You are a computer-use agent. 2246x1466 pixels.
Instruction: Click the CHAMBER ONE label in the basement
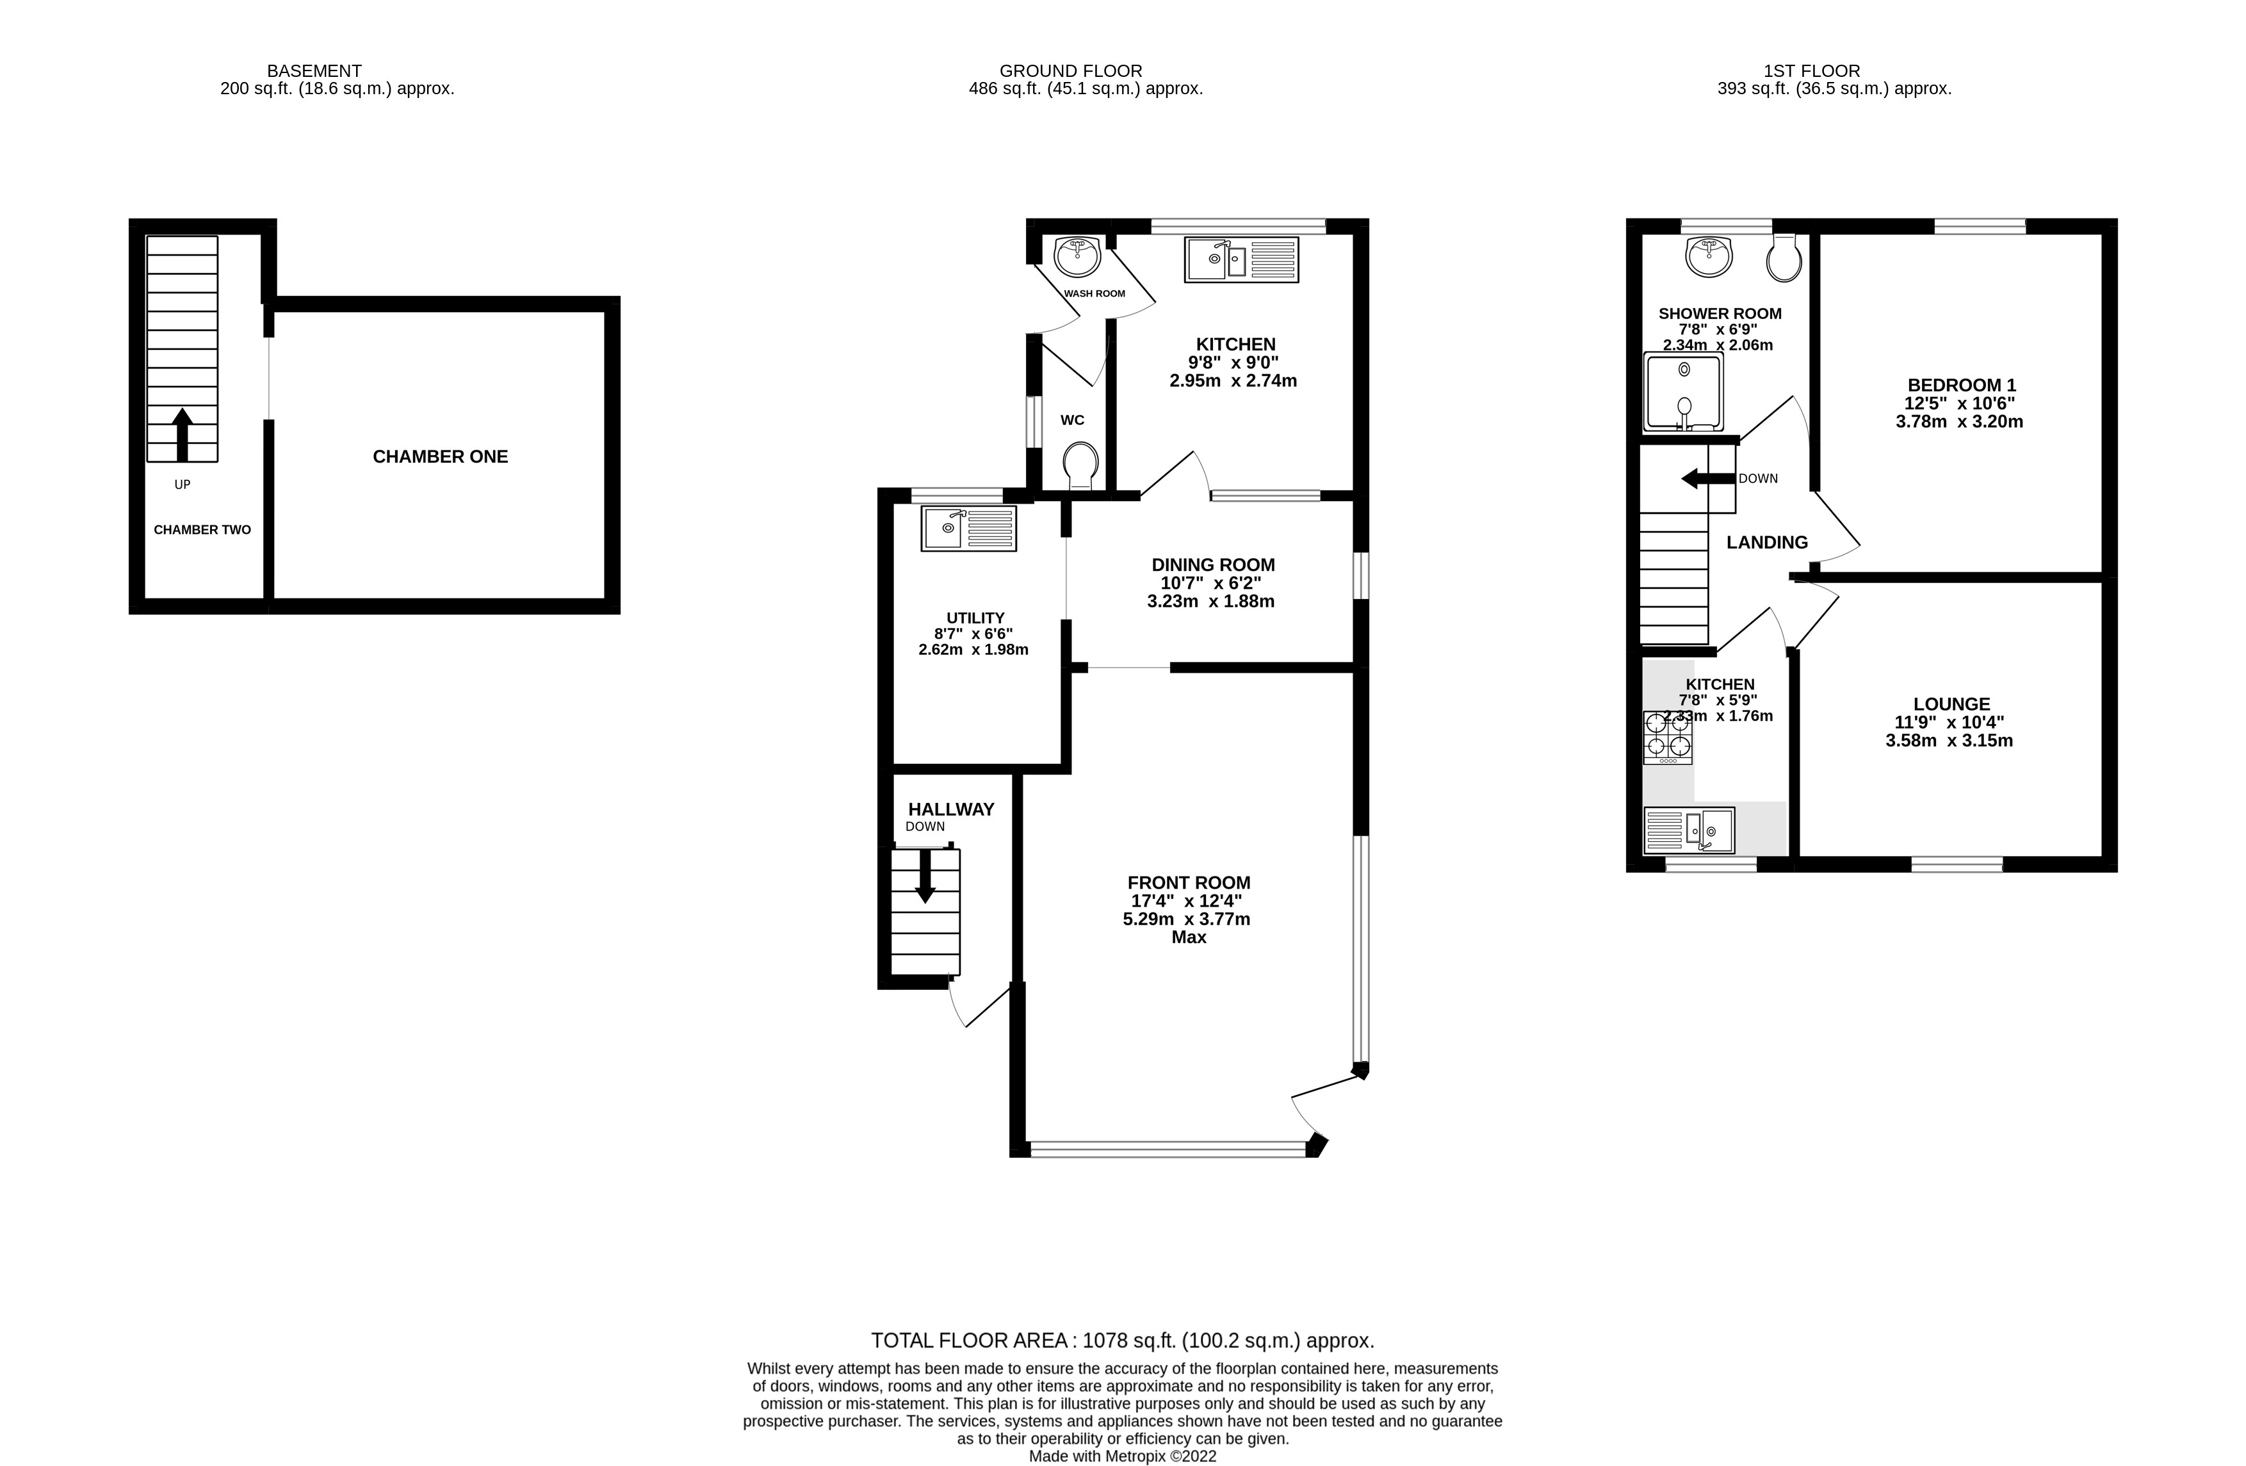click(x=440, y=457)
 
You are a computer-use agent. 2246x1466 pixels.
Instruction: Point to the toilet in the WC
click(x=1080, y=465)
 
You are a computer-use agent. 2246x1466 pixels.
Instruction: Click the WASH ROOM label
click(x=1094, y=293)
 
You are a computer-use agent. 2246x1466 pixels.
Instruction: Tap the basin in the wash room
click(x=1077, y=256)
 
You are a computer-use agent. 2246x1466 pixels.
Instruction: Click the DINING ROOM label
click(x=1212, y=564)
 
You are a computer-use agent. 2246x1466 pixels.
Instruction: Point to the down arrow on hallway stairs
click(x=925, y=876)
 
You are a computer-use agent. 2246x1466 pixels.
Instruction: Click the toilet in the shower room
click(x=1784, y=259)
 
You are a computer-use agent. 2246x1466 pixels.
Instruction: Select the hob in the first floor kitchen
click(x=1668, y=737)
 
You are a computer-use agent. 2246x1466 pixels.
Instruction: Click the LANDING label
click(x=1766, y=543)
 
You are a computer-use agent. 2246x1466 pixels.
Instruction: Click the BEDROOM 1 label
click(x=1961, y=385)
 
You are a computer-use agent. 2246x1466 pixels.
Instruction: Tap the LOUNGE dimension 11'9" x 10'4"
click(x=1949, y=722)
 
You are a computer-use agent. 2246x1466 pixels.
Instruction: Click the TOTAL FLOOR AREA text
click(x=1122, y=1340)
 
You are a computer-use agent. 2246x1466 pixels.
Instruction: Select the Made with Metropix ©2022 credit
click(x=1122, y=1456)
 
